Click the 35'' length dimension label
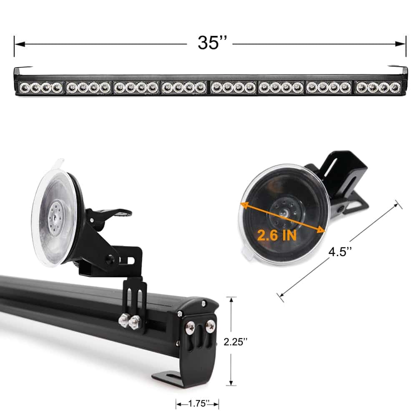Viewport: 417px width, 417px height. click(x=212, y=43)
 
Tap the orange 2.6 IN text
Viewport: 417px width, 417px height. click(x=276, y=235)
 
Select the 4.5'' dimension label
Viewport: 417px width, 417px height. click(x=340, y=251)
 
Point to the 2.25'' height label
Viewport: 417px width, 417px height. click(x=235, y=342)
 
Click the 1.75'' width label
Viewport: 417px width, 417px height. click(x=197, y=403)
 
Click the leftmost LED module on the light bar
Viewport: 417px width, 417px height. click(x=40, y=88)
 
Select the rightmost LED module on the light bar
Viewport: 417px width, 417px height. click(x=378, y=87)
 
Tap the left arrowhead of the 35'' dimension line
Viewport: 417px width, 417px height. click(x=20, y=44)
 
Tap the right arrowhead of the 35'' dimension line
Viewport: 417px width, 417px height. click(x=400, y=44)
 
